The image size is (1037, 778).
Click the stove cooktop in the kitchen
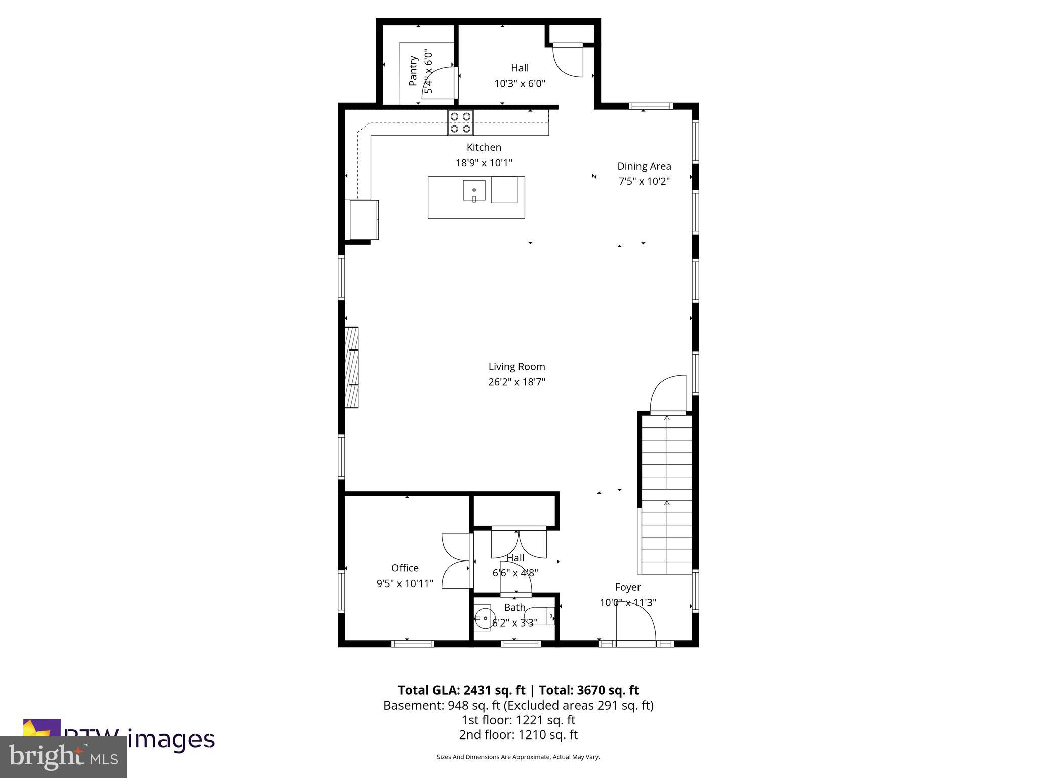pyautogui.click(x=460, y=123)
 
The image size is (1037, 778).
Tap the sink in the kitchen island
pyautogui.click(x=474, y=191)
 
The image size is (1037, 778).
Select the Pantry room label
pyautogui.click(x=413, y=71)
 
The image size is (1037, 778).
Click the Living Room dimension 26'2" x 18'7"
pyautogui.click(x=516, y=382)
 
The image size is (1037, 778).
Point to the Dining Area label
pyautogui.click(x=644, y=166)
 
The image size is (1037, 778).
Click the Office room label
pyautogui.click(x=405, y=568)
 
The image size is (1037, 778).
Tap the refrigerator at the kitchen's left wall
pyautogui.click(x=364, y=219)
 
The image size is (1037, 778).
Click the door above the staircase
pyautogui.click(x=668, y=395)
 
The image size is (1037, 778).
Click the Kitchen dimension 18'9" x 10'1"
pyautogui.click(x=484, y=163)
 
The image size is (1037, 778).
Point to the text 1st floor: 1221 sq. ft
pyautogui.click(x=518, y=720)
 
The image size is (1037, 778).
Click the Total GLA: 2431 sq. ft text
pyautogui.click(x=461, y=690)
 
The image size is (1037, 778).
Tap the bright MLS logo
pyautogui.click(x=63, y=757)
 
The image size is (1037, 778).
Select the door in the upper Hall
pyautogui.click(x=569, y=60)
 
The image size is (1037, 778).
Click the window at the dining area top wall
pyautogui.click(x=651, y=106)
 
